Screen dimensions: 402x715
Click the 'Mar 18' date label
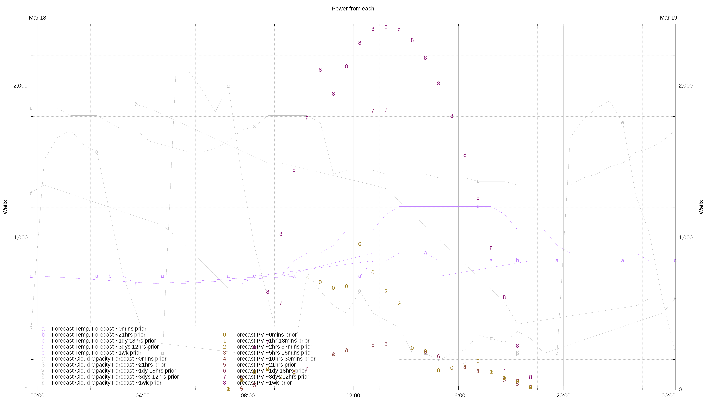pyautogui.click(x=37, y=18)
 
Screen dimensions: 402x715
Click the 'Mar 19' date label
pyautogui.click(x=668, y=18)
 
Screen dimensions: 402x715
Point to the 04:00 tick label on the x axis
pyautogui.click(x=143, y=395)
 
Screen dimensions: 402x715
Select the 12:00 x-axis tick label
pyautogui.click(x=353, y=395)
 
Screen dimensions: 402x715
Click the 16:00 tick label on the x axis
pyautogui.click(x=458, y=395)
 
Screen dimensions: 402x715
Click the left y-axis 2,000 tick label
pyautogui.click(x=21, y=86)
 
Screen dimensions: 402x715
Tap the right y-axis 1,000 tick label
pyautogui.click(x=686, y=237)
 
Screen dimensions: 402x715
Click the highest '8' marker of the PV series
pyautogui.click(x=386, y=27)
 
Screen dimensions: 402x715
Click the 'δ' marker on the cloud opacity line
pyautogui.click(x=136, y=104)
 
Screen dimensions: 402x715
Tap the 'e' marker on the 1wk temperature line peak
pyautogui.click(x=478, y=206)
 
